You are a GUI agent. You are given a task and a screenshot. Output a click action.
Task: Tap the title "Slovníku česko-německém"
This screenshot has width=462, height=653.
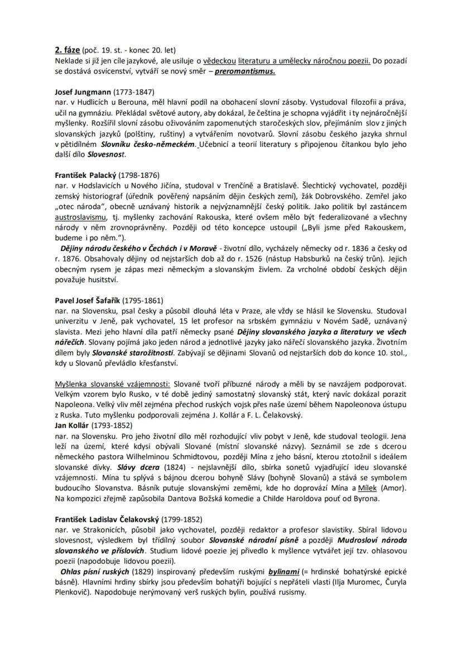click(149, 144)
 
